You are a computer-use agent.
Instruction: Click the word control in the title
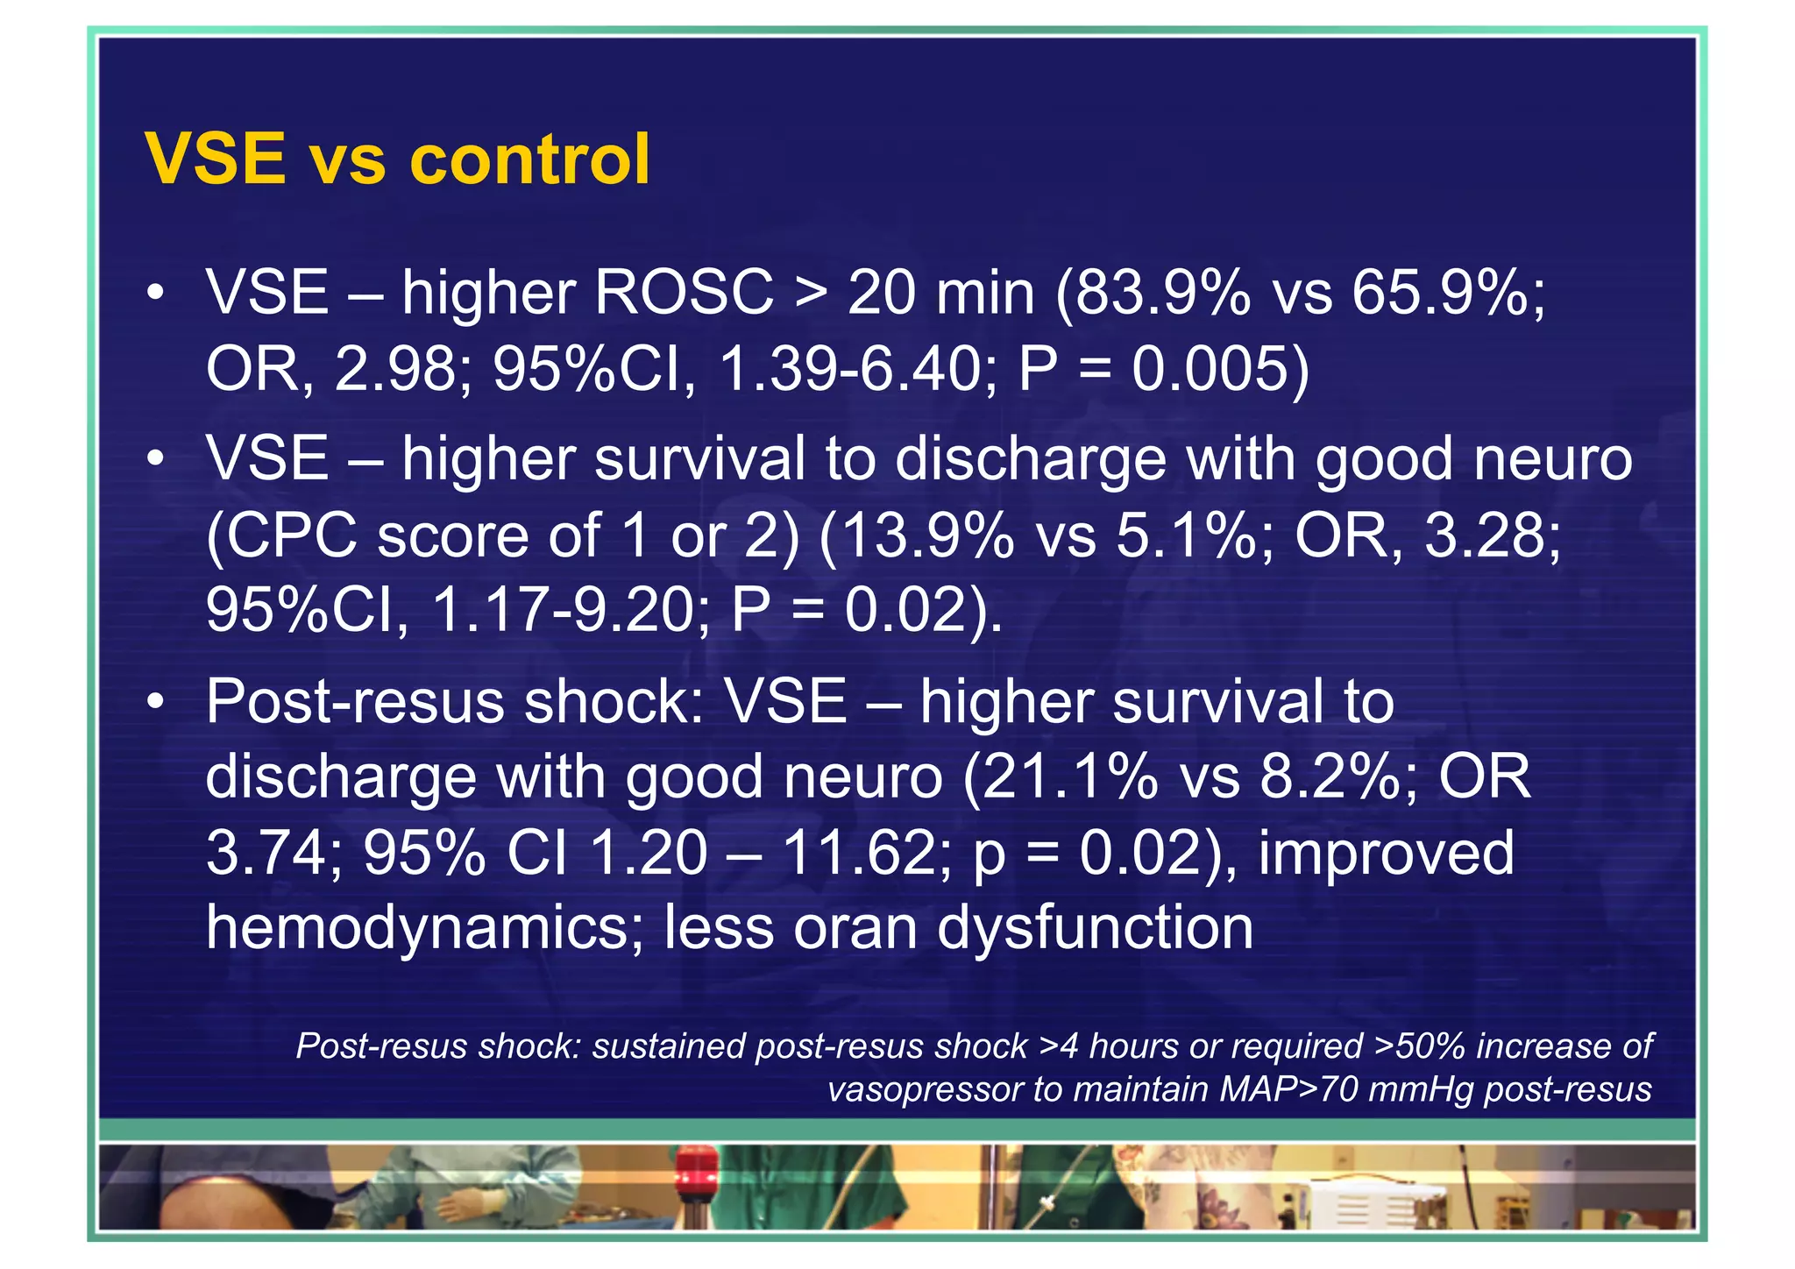(x=529, y=160)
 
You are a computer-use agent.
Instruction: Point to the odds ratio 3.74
(x=266, y=853)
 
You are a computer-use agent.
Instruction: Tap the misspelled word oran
(x=855, y=928)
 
